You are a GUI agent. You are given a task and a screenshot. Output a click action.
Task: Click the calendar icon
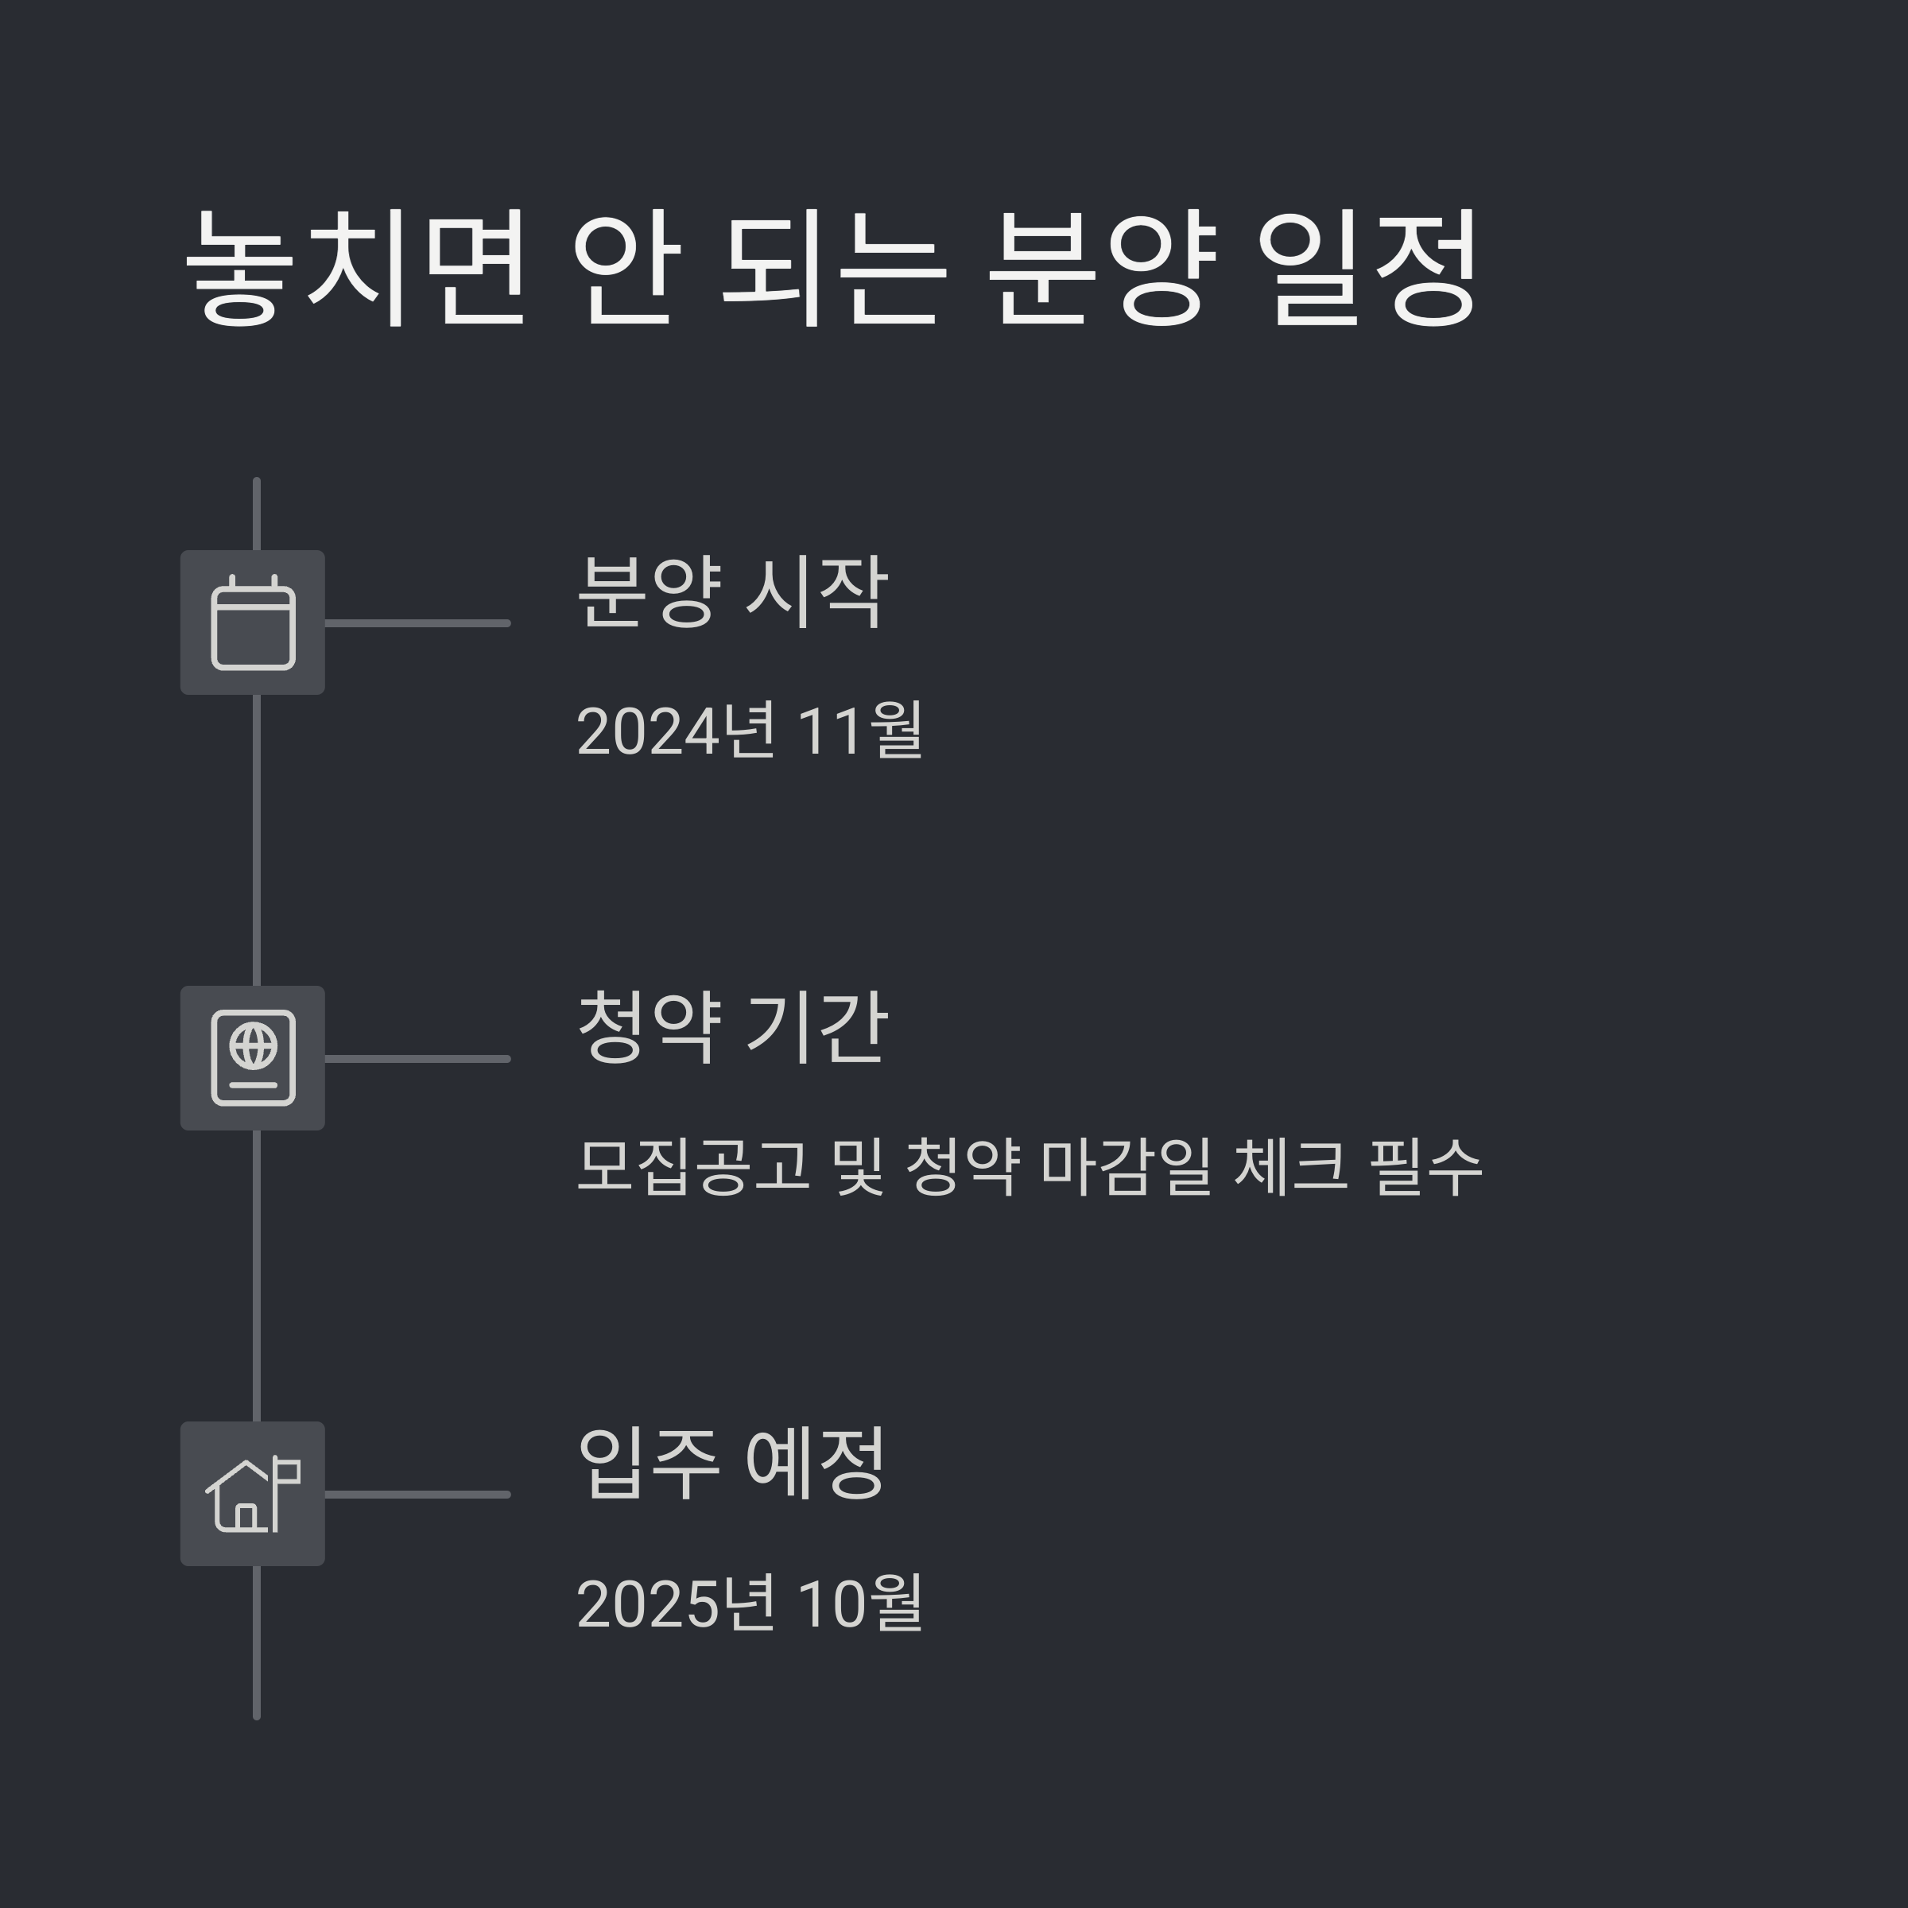click(253, 623)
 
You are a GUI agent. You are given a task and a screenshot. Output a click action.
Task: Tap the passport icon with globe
click(253, 1057)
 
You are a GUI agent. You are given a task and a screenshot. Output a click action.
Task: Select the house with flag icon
click(253, 1493)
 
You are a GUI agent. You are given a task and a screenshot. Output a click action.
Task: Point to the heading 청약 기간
click(731, 1027)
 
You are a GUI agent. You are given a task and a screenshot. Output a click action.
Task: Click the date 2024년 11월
click(750, 731)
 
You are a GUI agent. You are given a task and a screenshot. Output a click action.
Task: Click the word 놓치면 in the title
click(355, 266)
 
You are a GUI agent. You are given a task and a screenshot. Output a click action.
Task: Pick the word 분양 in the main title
click(1101, 266)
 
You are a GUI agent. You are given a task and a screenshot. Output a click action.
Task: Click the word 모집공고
click(692, 1166)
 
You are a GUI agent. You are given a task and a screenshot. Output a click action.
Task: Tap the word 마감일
click(1126, 1166)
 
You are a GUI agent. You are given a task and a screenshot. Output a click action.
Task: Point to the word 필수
click(1426, 1166)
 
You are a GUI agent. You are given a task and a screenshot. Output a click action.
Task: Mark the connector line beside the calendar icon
click(417, 623)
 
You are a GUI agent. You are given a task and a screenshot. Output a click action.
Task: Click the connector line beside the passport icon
click(417, 1059)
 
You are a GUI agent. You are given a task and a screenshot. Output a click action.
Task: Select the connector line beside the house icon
click(417, 1495)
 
